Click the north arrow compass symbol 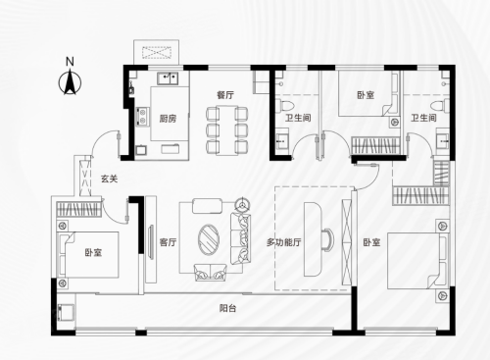pos(70,81)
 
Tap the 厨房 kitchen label pos(168,119)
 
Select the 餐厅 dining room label pos(225,95)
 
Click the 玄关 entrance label pos(109,179)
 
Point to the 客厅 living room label pos(168,242)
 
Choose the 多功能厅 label pos(284,242)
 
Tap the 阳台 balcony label pos(227,308)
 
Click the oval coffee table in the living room pos(209,239)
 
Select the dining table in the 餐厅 pos(226,129)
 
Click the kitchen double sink pos(168,78)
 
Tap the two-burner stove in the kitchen pos(142,117)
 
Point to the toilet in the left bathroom pos(284,105)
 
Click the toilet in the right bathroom pos(439,105)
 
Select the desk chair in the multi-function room pos(327,239)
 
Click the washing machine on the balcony pos(66,312)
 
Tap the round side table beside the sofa pos(242,205)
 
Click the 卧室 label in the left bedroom pos(93,252)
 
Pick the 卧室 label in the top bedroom pos(366,95)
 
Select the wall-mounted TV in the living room pos(151,242)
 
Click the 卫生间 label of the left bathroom pos(298,118)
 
